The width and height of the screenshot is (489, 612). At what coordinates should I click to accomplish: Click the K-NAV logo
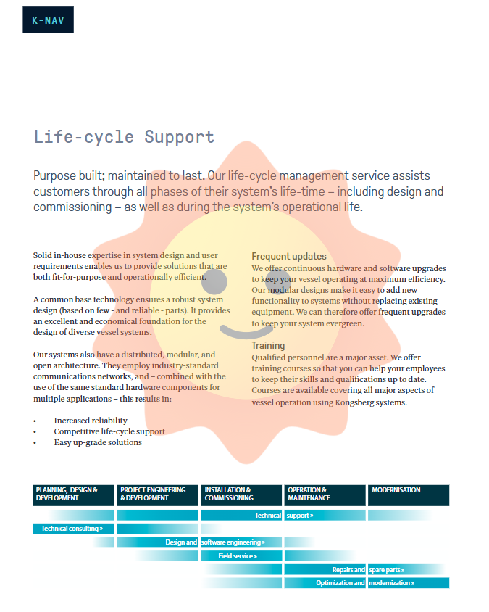(48, 20)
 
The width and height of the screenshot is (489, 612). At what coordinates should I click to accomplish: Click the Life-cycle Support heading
(124, 137)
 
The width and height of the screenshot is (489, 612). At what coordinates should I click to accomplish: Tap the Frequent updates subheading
(288, 256)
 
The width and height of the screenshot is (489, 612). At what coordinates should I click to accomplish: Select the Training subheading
(268, 346)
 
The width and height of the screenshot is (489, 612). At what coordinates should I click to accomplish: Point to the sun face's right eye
(278, 281)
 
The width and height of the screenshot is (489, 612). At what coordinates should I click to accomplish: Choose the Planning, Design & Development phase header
(74, 495)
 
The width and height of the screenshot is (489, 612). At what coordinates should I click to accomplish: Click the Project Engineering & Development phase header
(157, 495)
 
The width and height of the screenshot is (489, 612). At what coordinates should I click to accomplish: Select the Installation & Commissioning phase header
(241, 495)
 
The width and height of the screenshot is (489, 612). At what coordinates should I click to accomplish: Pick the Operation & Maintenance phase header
(325, 495)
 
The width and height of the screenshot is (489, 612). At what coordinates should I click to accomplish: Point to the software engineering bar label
(233, 542)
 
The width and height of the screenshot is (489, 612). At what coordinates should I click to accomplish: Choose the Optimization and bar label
(340, 583)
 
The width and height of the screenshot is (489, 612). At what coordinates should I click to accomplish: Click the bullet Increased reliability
(91, 421)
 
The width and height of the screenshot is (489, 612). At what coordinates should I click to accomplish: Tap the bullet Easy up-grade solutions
(98, 442)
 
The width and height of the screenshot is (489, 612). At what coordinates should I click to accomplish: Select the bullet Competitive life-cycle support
(109, 431)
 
